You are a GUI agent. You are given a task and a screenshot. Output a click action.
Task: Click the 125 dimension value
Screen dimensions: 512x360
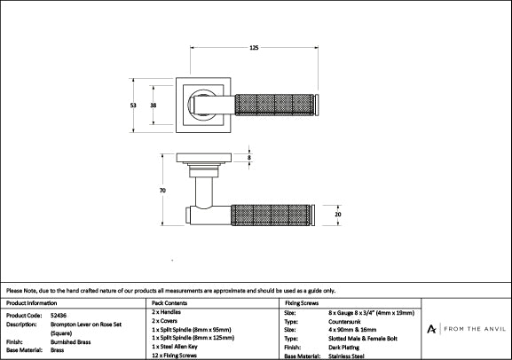tap(254, 48)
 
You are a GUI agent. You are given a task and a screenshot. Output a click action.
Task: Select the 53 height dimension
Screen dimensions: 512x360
tap(133, 106)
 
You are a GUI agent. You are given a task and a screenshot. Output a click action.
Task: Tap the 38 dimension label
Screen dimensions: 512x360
tap(154, 106)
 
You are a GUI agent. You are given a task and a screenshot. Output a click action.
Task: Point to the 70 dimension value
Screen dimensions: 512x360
tap(162, 191)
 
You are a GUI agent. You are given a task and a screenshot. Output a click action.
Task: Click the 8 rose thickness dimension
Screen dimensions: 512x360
tap(249, 158)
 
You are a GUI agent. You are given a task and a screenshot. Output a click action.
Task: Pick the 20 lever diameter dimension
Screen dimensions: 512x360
tap(338, 215)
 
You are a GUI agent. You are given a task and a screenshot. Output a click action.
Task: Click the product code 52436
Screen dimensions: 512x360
tap(59, 316)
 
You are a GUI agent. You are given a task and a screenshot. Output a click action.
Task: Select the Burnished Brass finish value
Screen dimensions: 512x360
tap(70, 342)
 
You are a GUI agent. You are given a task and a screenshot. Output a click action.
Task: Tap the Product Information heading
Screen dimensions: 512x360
tap(31, 303)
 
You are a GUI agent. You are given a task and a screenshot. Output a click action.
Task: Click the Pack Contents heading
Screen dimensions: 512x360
tap(169, 303)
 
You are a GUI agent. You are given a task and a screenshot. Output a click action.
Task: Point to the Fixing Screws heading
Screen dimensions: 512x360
tap(302, 303)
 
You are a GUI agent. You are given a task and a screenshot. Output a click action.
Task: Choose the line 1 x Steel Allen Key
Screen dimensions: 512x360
tap(175, 347)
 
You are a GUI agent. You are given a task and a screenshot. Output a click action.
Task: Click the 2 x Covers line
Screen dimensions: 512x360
tap(164, 321)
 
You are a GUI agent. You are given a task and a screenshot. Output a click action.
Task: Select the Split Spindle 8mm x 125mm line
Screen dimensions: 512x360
tap(193, 338)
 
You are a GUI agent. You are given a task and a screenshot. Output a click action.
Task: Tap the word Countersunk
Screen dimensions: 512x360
tap(344, 322)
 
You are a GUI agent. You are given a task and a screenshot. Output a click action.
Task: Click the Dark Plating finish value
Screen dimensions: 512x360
tap(343, 348)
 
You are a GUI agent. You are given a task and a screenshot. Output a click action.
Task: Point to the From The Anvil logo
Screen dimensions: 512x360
tap(466, 329)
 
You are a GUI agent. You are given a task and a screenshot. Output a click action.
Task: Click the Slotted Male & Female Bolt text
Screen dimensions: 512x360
tap(363, 339)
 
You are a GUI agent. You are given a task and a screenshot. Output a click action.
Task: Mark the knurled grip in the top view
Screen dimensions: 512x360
tap(274, 105)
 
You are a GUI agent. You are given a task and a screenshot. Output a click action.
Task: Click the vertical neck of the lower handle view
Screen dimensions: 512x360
tap(204, 192)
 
